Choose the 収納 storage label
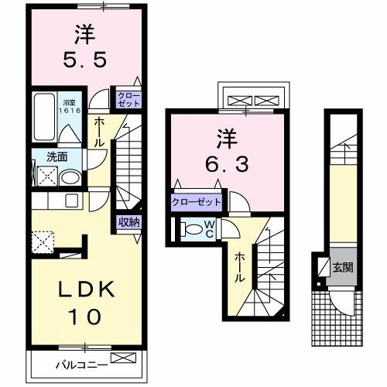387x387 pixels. coord(128,223)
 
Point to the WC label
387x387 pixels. coord(209,229)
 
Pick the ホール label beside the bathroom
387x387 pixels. coord(101,132)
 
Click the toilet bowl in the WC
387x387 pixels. coord(189,229)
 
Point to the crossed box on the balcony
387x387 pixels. coord(122,358)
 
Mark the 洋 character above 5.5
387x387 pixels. coord(84,33)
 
